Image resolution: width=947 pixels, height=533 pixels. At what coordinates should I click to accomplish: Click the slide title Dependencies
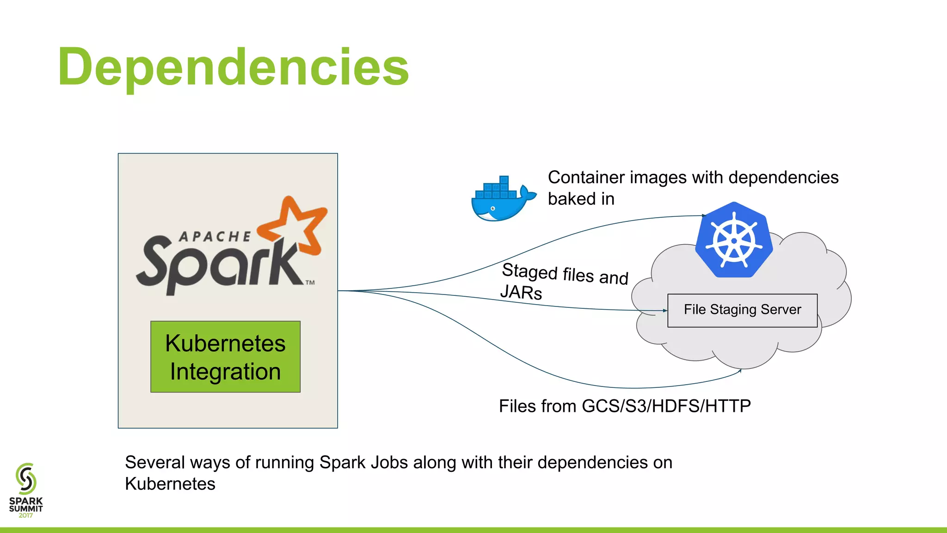[233, 67]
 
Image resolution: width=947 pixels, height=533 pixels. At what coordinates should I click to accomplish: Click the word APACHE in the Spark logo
[215, 237]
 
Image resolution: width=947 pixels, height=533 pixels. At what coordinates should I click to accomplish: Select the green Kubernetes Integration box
[225, 356]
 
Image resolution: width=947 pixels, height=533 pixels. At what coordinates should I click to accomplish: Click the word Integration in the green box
[225, 372]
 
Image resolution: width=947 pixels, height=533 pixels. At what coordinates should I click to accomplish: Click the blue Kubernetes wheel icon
[734, 240]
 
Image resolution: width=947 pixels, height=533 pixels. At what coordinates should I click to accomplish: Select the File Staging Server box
[742, 310]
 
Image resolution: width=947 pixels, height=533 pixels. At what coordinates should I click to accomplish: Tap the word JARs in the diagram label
[521, 292]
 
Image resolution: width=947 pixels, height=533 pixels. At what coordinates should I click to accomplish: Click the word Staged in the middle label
[529, 271]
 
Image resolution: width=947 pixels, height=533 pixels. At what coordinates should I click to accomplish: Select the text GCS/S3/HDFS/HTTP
[666, 406]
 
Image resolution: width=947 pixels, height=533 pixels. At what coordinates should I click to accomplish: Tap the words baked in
[581, 199]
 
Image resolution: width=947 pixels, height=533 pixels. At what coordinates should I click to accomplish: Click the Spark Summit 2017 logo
[26, 490]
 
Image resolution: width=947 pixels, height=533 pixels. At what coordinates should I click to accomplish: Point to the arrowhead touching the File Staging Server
[665, 311]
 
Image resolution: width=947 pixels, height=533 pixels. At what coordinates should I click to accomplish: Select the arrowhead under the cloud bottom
[740, 370]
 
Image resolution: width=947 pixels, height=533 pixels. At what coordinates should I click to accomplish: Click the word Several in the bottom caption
[154, 462]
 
